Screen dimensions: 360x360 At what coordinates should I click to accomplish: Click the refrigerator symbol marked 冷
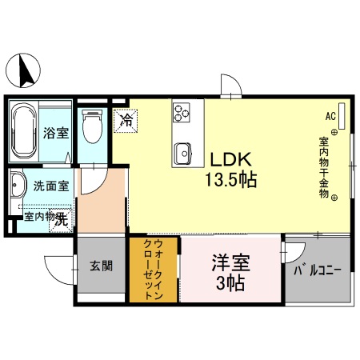click(x=126, y=121)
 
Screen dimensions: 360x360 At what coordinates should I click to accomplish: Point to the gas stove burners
click(x=182, y=113)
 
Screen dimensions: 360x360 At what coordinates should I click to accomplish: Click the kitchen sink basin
click(x=182, y=151)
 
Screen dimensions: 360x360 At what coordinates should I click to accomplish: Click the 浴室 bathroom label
click(x=55, y=134)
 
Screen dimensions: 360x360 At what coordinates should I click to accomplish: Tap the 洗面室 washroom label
click(x=50, y=186)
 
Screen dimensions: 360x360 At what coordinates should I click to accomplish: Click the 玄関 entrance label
click(x=101, y=265)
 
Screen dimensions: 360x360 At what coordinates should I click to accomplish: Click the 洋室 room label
click(x=230, y=262)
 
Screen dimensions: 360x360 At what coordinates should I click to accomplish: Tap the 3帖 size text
click(x=230, y=282)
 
